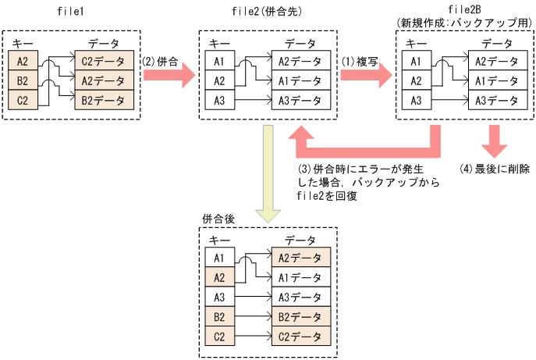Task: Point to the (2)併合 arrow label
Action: click(159, 59)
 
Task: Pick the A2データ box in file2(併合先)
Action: click(300, 60)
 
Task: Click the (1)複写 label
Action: click(360, 59)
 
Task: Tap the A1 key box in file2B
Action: click(417, 60)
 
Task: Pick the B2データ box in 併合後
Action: click(300, 317)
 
